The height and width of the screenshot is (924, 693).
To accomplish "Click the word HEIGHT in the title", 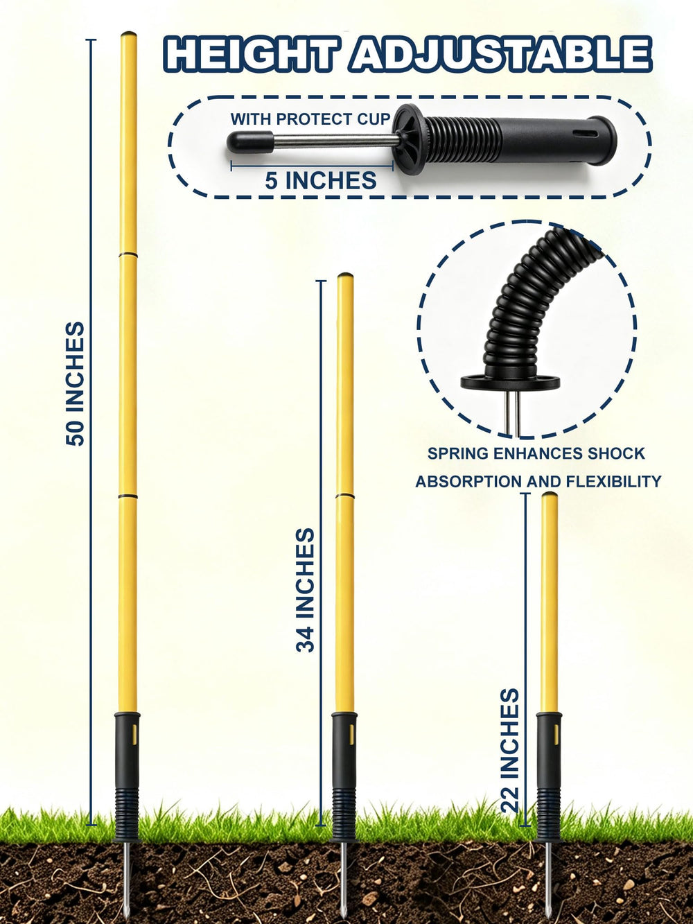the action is [x=251, y=53].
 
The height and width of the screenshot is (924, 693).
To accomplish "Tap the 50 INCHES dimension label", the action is [x=76, y=383].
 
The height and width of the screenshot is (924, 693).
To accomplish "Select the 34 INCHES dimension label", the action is [x=305, y=590].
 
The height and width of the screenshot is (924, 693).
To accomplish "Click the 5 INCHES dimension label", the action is [x=321, y=181].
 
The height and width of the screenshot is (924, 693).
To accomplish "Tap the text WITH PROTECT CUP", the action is [x=310, y=119].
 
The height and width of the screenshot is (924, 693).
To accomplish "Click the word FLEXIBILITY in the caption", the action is [x=614, y=481].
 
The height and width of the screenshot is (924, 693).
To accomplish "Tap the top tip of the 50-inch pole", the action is [x=129, y=33].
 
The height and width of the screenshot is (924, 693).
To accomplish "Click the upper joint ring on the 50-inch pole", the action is [x=128, y=254].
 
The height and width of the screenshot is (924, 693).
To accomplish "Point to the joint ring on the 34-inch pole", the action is [x=344, y=496].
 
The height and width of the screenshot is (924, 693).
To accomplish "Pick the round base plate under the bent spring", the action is [x=510, y=382].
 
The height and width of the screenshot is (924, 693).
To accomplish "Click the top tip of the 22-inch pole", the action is [x=549, y=494].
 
